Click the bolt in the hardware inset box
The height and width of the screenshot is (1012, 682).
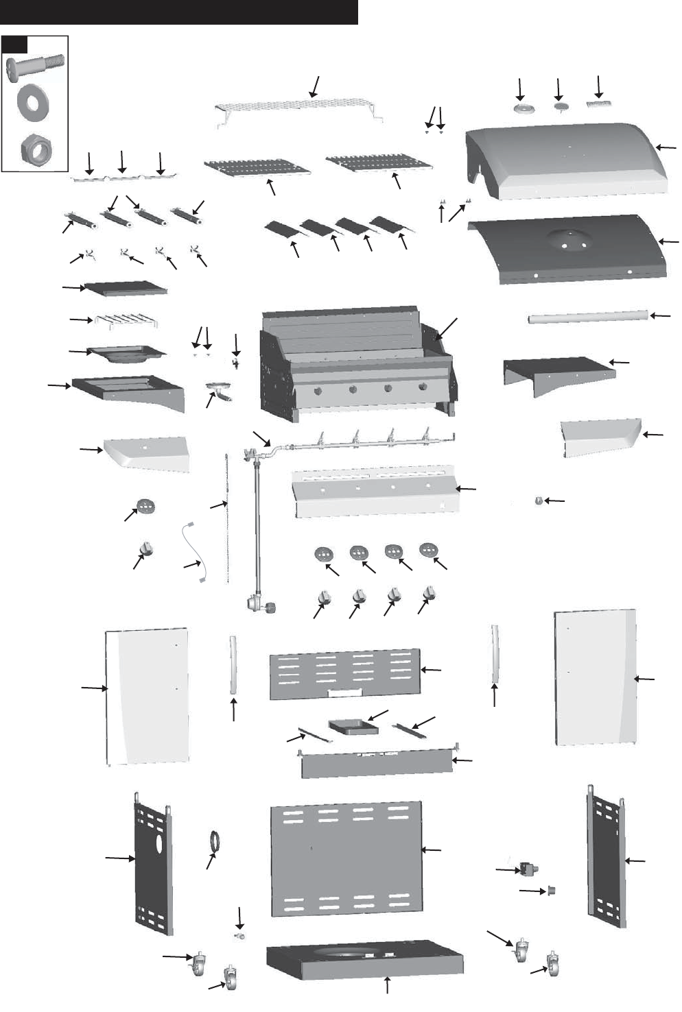34,69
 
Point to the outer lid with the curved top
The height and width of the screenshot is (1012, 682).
566,158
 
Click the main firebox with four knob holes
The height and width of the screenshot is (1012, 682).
357,363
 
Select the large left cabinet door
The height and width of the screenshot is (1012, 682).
147,696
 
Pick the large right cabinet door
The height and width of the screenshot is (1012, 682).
595,675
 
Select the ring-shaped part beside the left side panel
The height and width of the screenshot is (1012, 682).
215,841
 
